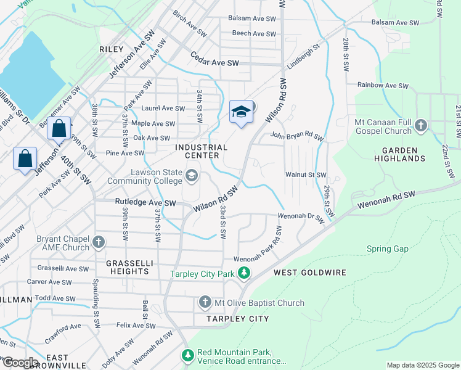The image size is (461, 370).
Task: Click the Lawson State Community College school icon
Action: (x=191, y=177)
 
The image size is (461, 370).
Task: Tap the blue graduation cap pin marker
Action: (x=242, y=112)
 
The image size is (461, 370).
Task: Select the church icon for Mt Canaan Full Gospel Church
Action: (x=421, y=126)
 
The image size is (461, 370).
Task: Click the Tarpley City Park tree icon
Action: (x=245, y=272)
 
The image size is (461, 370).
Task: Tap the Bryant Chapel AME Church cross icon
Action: (x=99, y=240)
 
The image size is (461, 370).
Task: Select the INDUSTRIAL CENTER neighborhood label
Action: (x=201, y=152)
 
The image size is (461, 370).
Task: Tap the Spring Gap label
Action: (x=388, y=249)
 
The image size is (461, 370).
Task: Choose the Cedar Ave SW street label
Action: (x=214, y=63)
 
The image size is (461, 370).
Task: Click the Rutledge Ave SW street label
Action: (x=145, y=202)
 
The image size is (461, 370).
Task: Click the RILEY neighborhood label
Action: (x=111, y=48)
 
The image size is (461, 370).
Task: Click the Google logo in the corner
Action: (x=20, y=363)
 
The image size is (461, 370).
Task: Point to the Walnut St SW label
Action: (x=305, y=175)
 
